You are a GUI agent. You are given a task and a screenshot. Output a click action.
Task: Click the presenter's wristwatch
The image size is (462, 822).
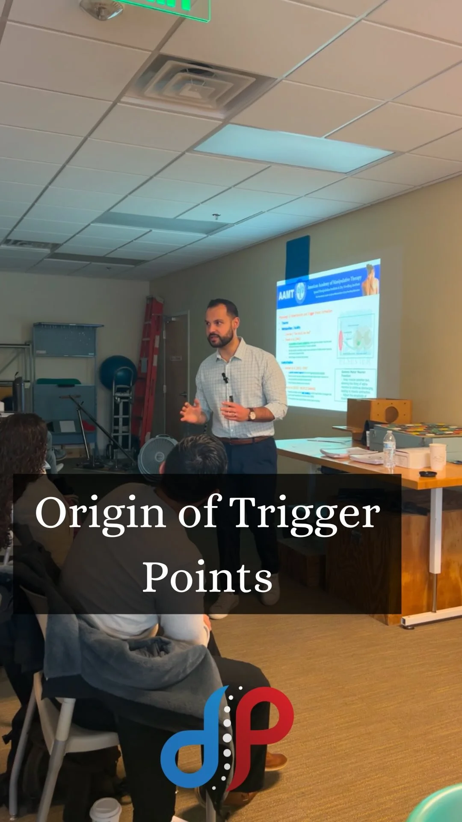tap(252, 414)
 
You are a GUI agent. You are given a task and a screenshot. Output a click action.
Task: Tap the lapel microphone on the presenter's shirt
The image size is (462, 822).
tap(225, 377)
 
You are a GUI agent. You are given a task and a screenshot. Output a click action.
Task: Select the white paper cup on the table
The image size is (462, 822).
tap(438, 456)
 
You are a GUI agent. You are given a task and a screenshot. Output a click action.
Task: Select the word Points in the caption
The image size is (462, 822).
tap(207, 576)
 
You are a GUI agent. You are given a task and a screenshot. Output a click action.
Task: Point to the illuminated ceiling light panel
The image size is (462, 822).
tap(293, 148)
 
